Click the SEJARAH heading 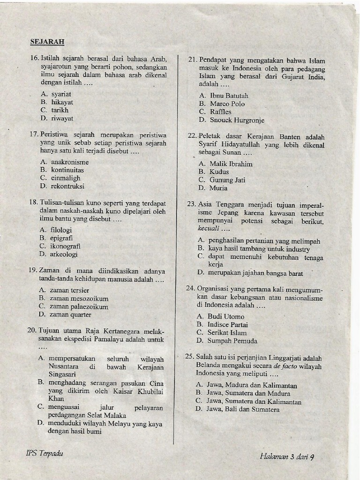click(x=47, y=41)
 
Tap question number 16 click(x=34, y=59)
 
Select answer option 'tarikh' click(x=60, y=110)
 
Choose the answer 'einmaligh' click(x=66, y=178)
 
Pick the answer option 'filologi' click(x=61, y=230)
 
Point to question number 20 click(x=32, y=330)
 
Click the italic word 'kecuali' click(x=208, y=229)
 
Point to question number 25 click(x=189, y=356)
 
